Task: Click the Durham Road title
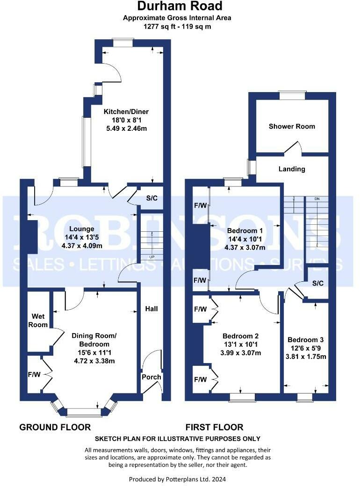pos(180,7)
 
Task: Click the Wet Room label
pos(38,321)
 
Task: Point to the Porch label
pos(151,377)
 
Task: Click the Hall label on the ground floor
pos(151,309)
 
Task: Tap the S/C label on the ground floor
pos(151,198)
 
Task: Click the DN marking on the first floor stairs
pos(317,199)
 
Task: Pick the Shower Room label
pos(292,126)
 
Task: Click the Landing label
pos(292,169)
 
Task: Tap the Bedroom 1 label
pos(242,231)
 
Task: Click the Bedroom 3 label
pos(306,340)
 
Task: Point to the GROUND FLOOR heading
pos(55,427)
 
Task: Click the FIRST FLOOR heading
pos(214,427)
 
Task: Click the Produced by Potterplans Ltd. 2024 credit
pos(177,479)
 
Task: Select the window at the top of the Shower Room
pos(292,95)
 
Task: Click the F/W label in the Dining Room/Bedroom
pos(34,374)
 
